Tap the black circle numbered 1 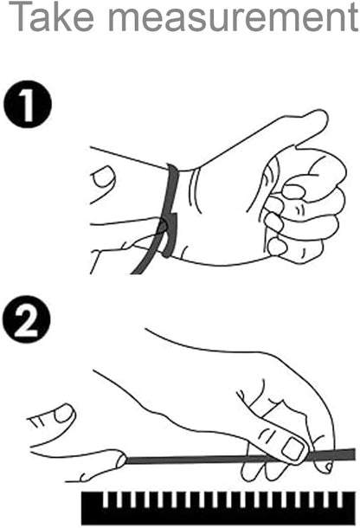pyautogui.click(x=28, y=104)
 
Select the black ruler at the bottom pyautogui.click(x=218, y=507)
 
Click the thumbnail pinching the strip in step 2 pyautogui.click(x=292, y=448)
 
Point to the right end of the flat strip pyautogui.click(x=355, y=454)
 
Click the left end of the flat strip pyautogui.click(x=126, y=460)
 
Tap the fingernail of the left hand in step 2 pyautogui.click(x=63, y=414)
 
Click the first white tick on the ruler pyautogui.click(x=106, y=499)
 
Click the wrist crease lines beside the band pyautogui.click(x=195, y=190)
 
